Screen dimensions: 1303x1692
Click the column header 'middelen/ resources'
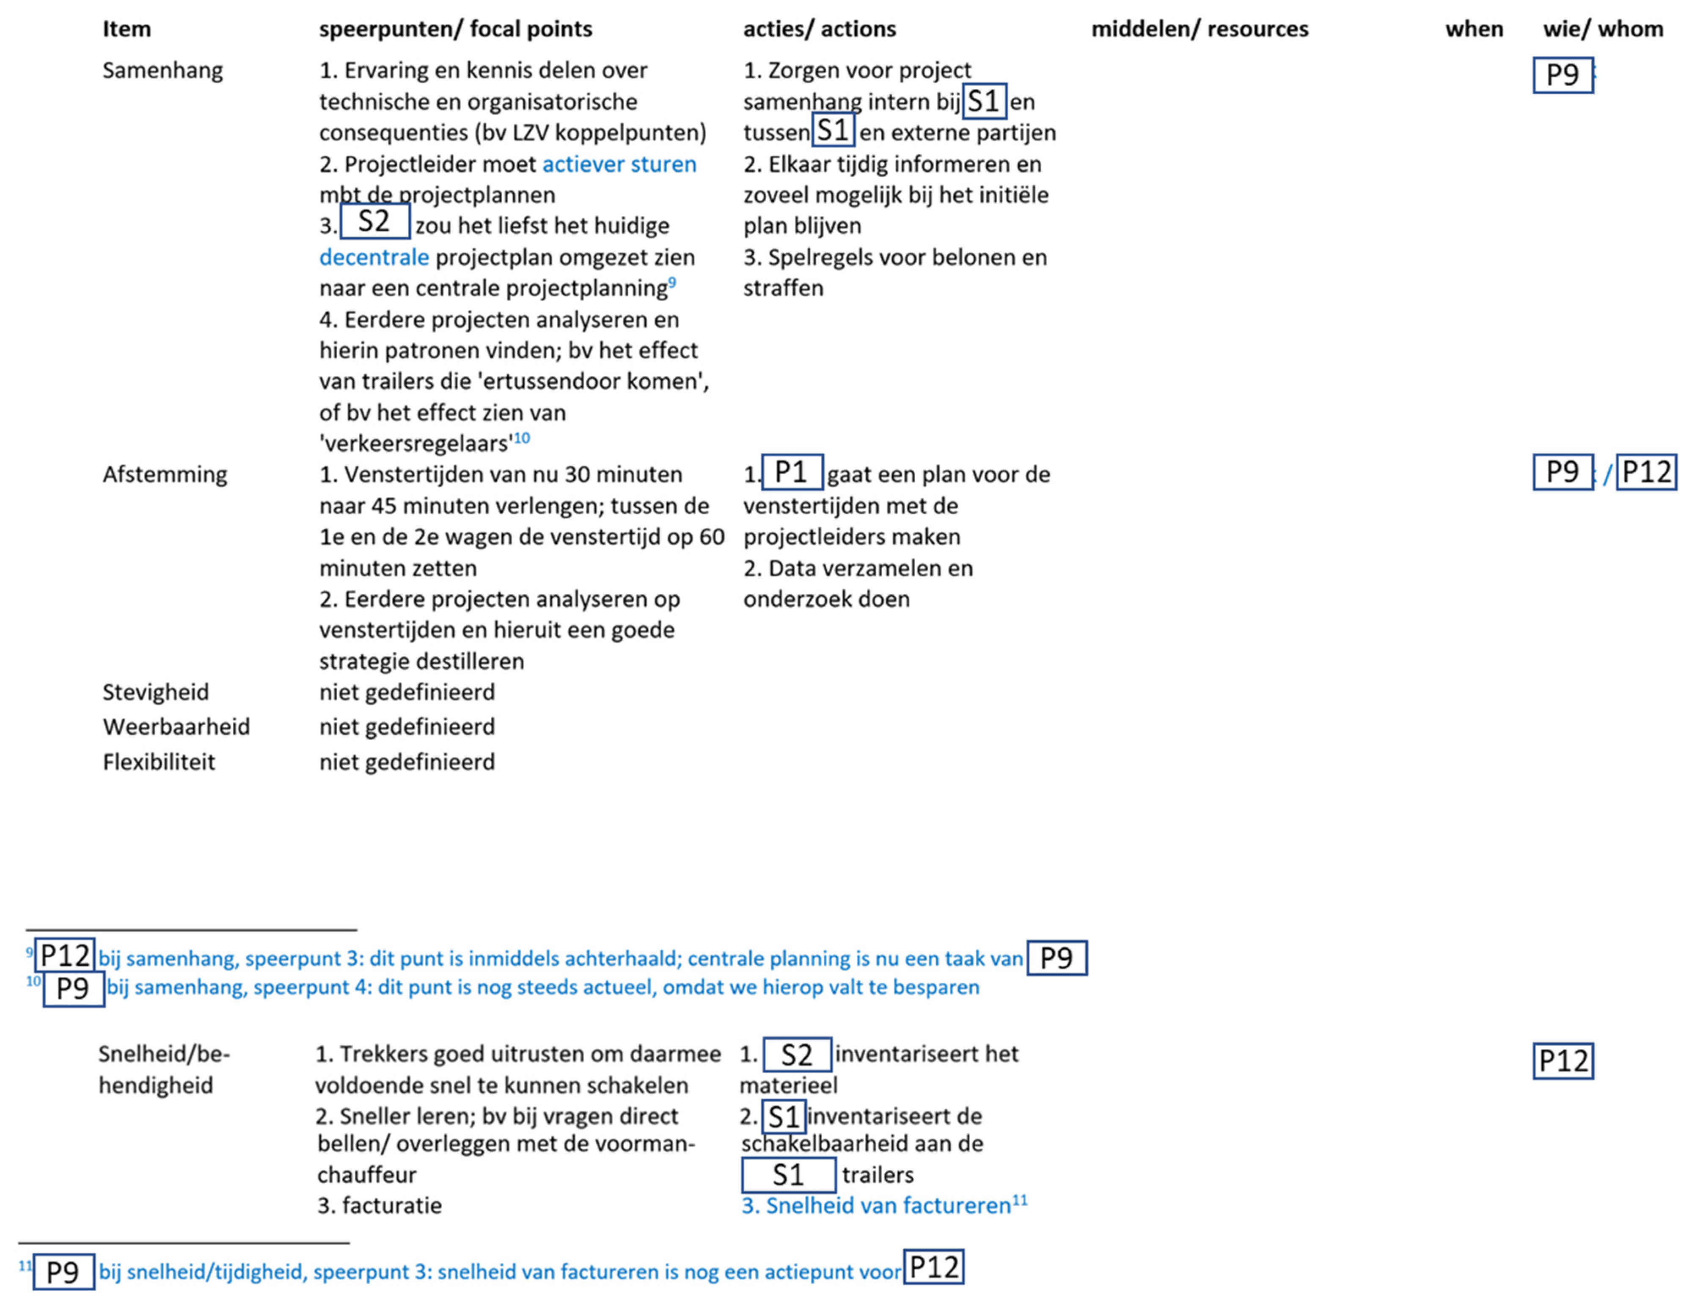(x=1199, y=30)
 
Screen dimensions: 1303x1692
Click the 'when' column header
(x=1474, y=30)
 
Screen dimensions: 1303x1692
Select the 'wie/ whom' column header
(x=1602, y=30)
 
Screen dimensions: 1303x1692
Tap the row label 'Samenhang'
(x=163, y=71)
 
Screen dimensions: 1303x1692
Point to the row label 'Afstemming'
(x=165, y=474)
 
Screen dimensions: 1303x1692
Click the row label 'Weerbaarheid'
(x=176, y=727)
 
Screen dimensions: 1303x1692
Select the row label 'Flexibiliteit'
(x=159, y=762)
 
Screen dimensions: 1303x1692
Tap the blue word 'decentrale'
(x=374, y=257)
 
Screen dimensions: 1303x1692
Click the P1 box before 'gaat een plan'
(x=792, y=472)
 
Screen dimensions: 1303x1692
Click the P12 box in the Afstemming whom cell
(x=1645, y=472)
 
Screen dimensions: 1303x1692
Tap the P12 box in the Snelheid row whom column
(x=1563, y=1061)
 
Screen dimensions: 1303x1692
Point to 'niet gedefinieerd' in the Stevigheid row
(x=407, y=692)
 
